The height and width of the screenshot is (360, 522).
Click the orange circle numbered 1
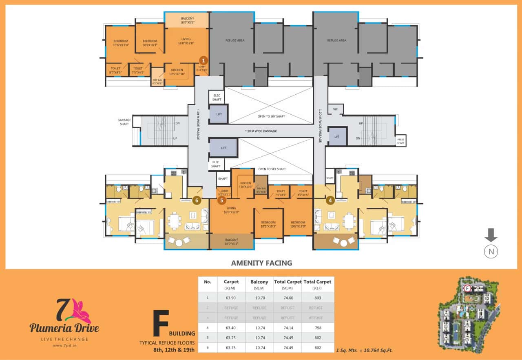pyautogui.click(x=204, y=60)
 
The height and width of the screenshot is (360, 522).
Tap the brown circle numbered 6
pyautogui.click(x=197, y=200)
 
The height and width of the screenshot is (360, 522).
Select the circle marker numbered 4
pyautogui.click(x=331, y=200)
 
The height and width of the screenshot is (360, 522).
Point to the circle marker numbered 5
pyautogui.click(x=222, y=200)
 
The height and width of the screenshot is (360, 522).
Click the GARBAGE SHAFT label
pyautogui.click(x=124, y=122)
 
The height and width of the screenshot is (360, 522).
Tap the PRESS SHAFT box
pyautogui.click(x=401, y=140)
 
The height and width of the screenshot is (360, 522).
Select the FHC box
pyautogui.click(x=335, y=109)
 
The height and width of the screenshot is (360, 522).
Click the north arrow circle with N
pyautogui.click(x=491, y=252)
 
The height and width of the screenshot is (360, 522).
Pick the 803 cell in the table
pyautogui.click(x=318, y=298)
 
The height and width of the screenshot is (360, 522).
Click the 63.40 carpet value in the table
pyautogui.click(x=231, y=328)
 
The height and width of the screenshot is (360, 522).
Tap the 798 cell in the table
pyautogui.click(x=318, y=328)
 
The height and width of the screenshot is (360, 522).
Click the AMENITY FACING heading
pyautogui.click(x=261, y=263)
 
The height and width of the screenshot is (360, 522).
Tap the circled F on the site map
pyautogui.click(x=468, y=288)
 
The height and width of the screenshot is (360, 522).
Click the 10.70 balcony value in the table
pyautogui.click(x=259, y=298)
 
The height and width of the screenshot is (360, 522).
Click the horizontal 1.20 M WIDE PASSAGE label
pyautogui.click(x=261, y=131)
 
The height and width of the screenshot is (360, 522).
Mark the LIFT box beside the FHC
pyautogui.click(x=337, y=137)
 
